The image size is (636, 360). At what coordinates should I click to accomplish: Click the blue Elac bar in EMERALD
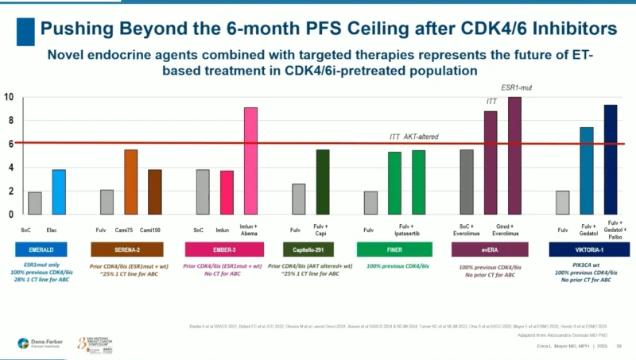[59, 192]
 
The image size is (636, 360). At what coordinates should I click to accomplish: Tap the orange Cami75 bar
[131, 182]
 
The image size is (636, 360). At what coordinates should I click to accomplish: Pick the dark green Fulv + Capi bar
[323, 182]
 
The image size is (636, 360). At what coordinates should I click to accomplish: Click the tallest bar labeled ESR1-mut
[514, 156]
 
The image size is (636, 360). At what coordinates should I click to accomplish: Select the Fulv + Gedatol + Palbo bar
[611, 159]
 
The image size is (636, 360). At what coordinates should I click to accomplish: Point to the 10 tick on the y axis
[9, 97]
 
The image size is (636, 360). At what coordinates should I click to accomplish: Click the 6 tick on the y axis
[9, 144]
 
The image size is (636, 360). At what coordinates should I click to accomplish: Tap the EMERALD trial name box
[46, 250]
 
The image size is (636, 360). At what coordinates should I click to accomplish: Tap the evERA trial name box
[491, 250]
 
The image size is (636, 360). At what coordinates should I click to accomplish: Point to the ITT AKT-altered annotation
[413, 137]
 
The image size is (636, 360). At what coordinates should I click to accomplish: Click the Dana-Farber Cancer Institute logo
[37, 343]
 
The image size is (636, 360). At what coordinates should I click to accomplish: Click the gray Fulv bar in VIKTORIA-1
[562, 203]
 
